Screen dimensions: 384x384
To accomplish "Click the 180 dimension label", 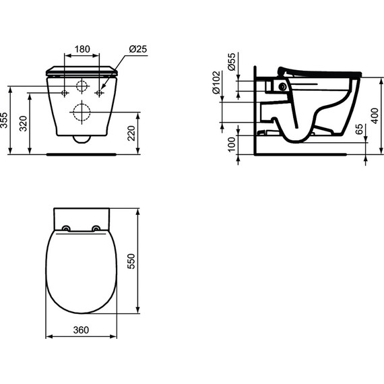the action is pos(82,49).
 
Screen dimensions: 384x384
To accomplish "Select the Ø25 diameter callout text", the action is pos(138,49).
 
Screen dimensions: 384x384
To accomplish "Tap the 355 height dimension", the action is pos(4,120).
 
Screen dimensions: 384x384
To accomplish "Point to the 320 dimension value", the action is pos(24,124).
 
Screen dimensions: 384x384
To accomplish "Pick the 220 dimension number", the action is pos(131,133).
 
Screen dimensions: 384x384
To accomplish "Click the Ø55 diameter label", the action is pos(232,61).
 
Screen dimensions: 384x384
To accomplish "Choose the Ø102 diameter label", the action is pos(216,83).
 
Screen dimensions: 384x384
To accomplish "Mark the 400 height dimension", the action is pos(375,116).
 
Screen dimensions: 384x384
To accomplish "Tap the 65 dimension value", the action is pos(359,129).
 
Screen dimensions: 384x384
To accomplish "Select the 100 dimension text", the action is pos(232,144).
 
